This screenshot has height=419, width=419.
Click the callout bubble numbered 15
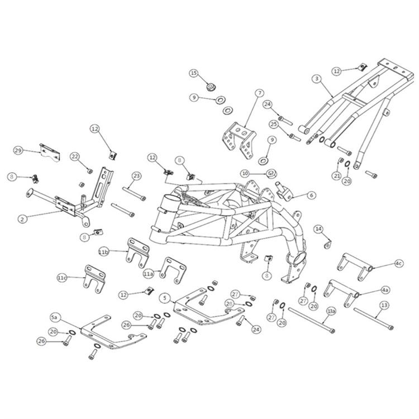[194, 73]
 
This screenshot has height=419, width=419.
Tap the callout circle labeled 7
[260, 92]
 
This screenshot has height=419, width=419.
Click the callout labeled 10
[245, 173]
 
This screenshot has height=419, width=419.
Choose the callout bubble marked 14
[318, 229]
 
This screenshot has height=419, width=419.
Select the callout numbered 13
[384, 306]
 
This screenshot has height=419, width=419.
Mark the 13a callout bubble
[331, 310]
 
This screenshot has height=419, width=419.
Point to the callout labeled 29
[18, 151]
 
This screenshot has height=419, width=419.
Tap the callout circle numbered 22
[75, 156]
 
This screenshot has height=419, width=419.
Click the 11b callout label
[103, 253]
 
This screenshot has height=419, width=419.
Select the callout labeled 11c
[63, 277]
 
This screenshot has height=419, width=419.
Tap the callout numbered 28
[229, 303]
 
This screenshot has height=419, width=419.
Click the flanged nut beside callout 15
[211, 87]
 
